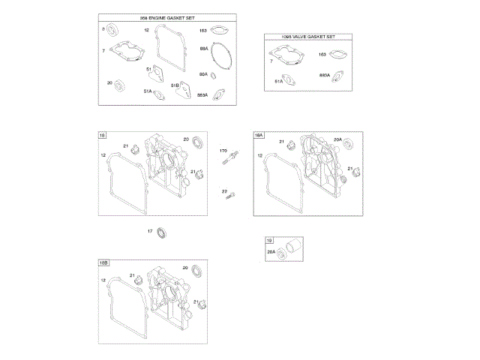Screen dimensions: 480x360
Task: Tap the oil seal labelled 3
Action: (x=115, y=30)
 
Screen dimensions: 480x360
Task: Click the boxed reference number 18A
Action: (x=259, y=135)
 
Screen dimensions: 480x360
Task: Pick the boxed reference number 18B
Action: (x=103, y=262)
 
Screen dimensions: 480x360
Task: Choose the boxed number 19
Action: (x=268, y=240)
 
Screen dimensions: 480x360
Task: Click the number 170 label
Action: (x=223, y=151)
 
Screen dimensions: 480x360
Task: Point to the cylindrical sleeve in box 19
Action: (x=292, y=248)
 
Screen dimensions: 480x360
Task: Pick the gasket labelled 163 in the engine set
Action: (x=219, y=31)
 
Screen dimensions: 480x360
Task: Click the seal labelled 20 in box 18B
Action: (x=197, y=271)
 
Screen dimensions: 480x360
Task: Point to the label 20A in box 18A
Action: (x=337, y=139)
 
